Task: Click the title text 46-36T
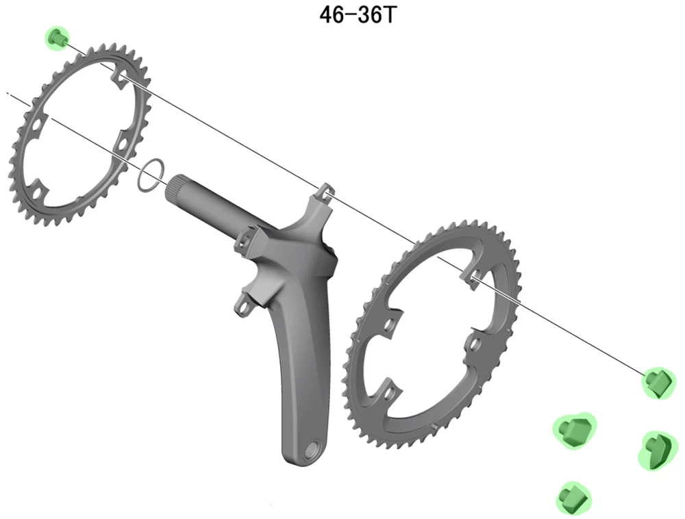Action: pos(357,15)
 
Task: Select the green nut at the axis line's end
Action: pos(658,381)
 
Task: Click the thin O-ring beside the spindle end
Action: pos(150,175)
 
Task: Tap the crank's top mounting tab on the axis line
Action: pos(326,192)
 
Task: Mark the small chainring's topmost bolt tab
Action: pos(117,80)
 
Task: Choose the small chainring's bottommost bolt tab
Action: pos(42,186)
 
